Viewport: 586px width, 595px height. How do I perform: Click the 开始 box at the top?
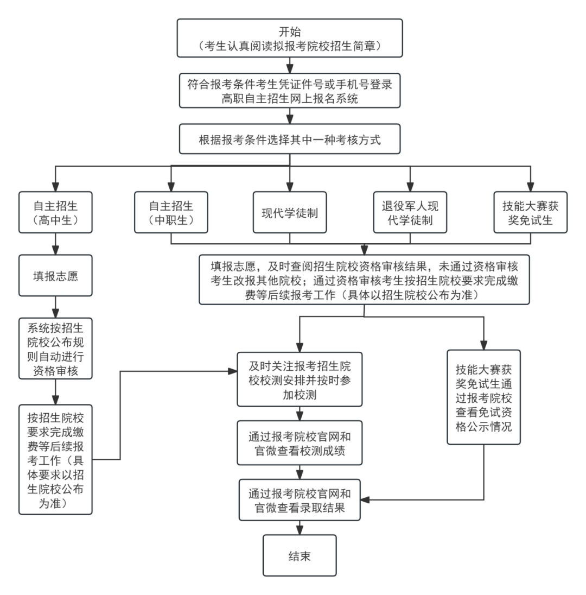(290, 37)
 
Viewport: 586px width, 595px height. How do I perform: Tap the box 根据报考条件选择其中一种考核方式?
(290, 140)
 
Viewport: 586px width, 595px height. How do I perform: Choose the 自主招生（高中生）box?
(55, 212)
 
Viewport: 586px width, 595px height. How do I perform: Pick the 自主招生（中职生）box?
(171, 212)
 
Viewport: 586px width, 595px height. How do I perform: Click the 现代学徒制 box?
(290, 212)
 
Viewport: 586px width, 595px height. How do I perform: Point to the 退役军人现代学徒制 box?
(410, 212)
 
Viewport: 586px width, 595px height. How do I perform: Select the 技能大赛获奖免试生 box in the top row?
(530, 212)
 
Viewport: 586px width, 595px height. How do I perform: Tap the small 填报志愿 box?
(55, 276)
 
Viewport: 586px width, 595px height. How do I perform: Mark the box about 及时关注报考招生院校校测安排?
(300, 379)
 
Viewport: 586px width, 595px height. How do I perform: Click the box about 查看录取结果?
(300, 500)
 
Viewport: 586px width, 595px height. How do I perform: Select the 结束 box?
(300, 555)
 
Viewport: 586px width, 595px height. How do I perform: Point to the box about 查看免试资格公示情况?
(483, 397)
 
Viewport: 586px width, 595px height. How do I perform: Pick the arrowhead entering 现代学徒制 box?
(290, 187)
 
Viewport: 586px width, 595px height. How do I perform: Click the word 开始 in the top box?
(290, 30)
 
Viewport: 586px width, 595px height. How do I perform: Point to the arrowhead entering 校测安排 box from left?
(233, 371)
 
